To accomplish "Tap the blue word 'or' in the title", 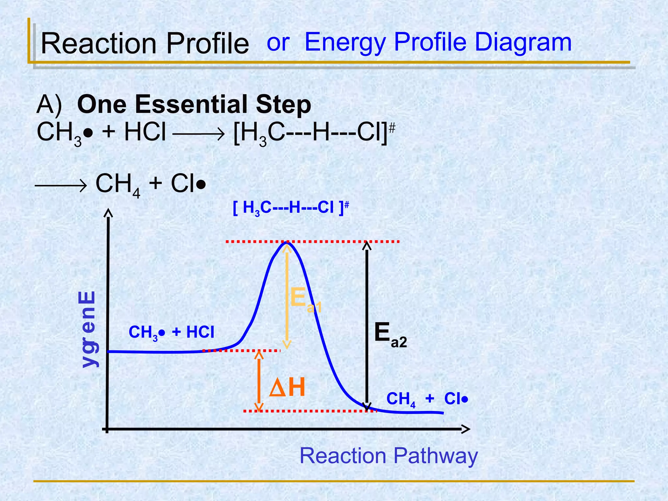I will click(278, 42).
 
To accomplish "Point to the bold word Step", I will click(283, 105).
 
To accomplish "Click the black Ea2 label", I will click(390, 334).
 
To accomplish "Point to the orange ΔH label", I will click(287, 388).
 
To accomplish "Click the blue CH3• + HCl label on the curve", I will click(171, 333).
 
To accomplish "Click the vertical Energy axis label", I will click(88, 329).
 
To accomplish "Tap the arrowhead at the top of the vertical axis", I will click(108, 213).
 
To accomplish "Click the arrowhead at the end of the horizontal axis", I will click(466, 429).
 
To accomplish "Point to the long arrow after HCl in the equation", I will click(198, 133).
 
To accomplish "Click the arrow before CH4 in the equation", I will click(61, 186).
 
